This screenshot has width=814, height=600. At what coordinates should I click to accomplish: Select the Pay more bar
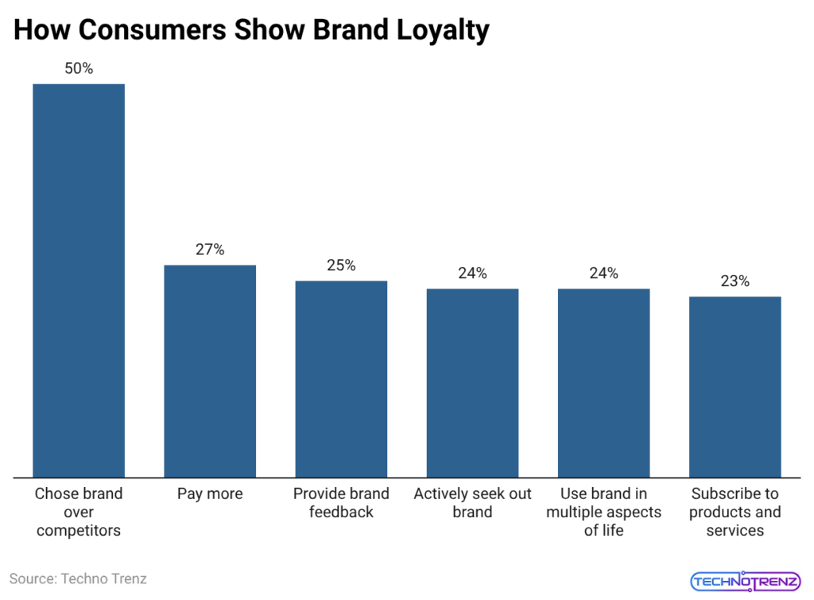(x=210, y=370)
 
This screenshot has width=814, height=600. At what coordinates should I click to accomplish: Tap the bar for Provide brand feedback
(x=341, y=378)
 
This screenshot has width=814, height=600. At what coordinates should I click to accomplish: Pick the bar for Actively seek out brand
(x=472, y=382)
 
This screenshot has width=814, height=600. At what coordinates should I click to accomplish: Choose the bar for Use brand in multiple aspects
(x=603, y=382)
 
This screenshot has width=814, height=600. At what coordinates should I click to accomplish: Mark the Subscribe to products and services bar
(x=735, y=386)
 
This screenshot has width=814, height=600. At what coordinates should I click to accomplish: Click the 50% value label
(x=79, y=69)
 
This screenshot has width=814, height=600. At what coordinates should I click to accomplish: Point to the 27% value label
(x=210, y=250)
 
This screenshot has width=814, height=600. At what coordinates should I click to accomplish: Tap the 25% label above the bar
(x=341, y=265)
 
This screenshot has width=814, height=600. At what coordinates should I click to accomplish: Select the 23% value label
(x=735, y=281)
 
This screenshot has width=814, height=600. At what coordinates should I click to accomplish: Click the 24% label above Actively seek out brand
(x=472, y=273)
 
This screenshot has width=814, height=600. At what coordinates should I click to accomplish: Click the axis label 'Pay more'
(x=210, y=494)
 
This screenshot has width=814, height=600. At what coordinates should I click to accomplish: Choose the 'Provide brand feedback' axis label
(x=341, y=503)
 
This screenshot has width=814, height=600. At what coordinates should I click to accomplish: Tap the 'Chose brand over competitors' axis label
(x=79, y=512)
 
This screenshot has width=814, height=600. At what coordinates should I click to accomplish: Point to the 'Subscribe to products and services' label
(x=735, y=512)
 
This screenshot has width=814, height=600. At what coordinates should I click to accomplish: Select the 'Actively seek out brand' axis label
(x=472, y=503)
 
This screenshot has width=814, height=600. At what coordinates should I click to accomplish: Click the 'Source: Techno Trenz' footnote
(x=78, y=579)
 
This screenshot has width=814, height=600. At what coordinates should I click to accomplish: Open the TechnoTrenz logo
(x=745, y=581)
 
